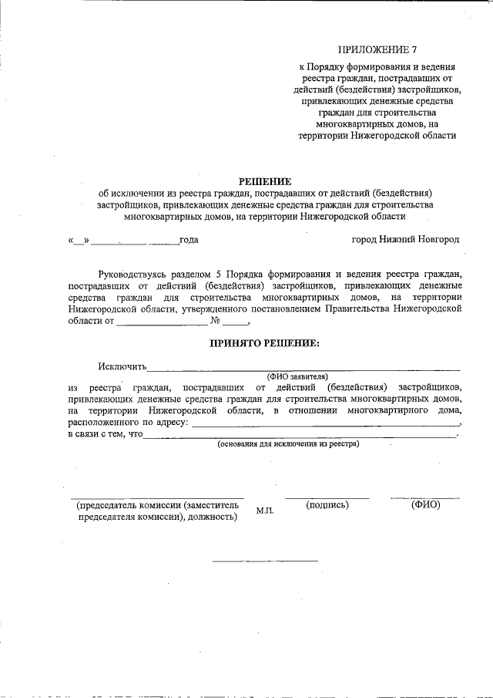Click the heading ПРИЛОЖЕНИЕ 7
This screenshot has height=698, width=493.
377,51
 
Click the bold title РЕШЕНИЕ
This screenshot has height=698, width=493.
246,181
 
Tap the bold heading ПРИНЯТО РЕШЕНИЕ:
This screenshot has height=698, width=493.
264,342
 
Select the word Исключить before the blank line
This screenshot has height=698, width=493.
122,366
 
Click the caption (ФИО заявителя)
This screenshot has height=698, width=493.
297,375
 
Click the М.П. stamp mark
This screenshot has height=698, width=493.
265,511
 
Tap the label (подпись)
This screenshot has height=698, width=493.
327,505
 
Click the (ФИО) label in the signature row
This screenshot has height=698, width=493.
425,505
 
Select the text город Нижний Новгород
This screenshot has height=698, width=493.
404,240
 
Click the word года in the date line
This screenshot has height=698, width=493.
189,240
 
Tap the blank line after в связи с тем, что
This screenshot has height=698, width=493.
300,437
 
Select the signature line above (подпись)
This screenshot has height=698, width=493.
327,498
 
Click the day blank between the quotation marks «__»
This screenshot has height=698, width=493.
79,242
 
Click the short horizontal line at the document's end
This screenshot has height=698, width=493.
265,560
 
